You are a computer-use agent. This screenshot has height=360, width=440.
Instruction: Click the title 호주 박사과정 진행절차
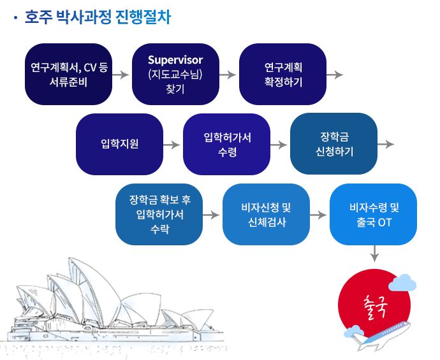pos(97,17)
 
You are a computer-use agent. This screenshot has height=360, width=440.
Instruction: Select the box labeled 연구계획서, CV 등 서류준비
pos(69,74)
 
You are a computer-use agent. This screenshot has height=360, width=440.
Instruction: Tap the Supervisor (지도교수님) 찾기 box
pos(175,74)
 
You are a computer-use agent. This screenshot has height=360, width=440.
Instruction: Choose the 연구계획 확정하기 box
pos(282,74)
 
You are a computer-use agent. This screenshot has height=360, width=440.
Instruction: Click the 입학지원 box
pos(119,144)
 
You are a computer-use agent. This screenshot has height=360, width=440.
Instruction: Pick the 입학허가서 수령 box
pos(226,144)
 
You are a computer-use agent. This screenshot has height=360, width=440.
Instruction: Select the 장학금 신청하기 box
pos(334,144)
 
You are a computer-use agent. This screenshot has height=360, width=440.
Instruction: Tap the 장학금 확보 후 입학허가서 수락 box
pos(159,214)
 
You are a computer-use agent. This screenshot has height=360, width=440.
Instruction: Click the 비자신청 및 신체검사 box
pos(266,214)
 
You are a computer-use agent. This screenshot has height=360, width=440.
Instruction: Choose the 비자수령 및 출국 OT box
pos(373,214)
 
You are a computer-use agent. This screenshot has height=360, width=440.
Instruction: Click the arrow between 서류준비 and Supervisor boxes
pos(121,75)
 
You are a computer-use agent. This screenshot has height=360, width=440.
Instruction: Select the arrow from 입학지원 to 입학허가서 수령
pos(172,145)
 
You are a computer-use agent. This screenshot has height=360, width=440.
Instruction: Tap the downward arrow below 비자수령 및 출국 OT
pos(374,254)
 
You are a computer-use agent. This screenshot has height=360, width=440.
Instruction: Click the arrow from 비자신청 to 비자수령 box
pos(318,215)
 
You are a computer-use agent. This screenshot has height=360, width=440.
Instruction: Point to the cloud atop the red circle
pos(402,282)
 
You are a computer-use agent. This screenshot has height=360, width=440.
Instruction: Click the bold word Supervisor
pos(175,61)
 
